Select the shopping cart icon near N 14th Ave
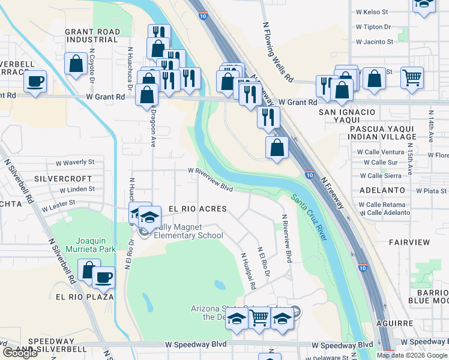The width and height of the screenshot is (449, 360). tap(412, 76)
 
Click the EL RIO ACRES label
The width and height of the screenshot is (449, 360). tap(197, 209)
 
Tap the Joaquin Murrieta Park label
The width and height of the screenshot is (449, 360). tap(91, 244)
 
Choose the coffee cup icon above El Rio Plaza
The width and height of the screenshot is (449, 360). tap(103, 277)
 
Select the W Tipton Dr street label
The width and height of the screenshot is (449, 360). tap(373, 27)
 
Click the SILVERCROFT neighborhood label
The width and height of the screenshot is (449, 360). tap(63, 179)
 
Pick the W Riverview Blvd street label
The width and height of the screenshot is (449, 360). tap(210, 179)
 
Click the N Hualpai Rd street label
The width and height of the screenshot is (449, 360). tap(249, 271)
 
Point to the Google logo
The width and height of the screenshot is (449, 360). tap(20, 353)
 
